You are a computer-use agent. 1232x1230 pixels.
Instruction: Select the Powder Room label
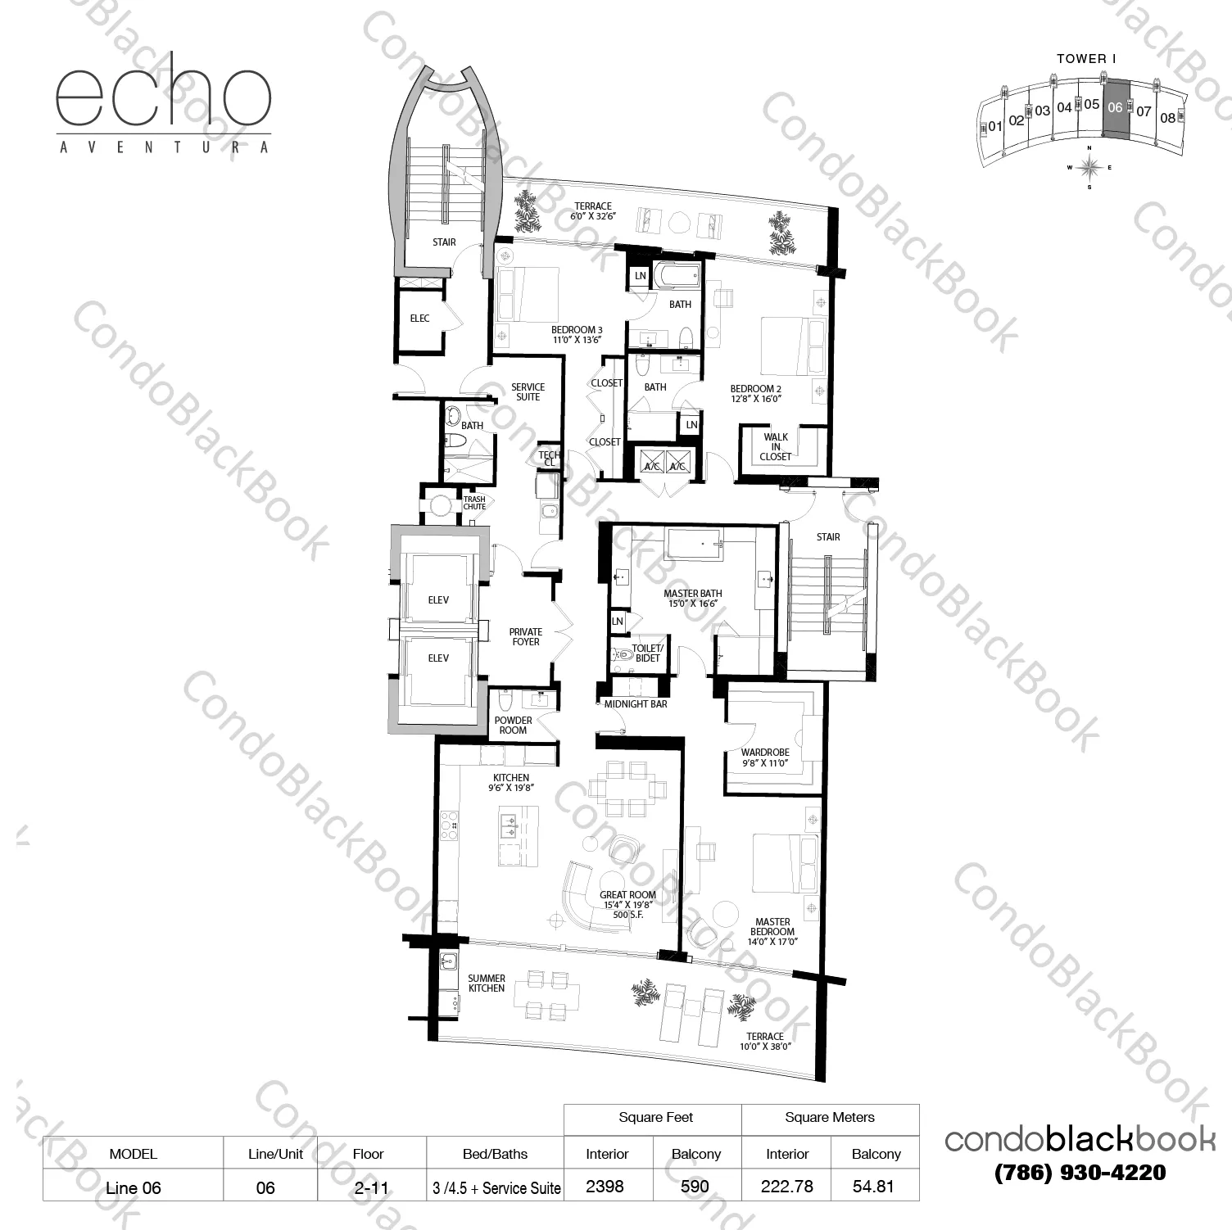513,726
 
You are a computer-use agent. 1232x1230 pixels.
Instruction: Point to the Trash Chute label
474,503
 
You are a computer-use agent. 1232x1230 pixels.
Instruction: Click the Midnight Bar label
636,704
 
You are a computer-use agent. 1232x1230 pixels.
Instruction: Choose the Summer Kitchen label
487,984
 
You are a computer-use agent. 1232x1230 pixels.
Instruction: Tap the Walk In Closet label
776,447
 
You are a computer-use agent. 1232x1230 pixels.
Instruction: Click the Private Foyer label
526,637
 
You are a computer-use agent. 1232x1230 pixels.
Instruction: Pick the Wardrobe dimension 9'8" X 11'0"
765,763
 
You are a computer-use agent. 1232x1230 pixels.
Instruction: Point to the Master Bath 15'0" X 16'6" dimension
693,604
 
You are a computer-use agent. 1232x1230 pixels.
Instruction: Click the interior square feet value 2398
605,1187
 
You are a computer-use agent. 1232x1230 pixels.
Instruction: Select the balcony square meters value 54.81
873,1187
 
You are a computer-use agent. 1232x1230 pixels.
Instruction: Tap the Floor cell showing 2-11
371,1187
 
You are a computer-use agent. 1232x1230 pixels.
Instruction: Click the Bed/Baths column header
495,1154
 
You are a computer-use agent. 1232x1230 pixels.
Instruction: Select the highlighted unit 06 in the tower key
1115,108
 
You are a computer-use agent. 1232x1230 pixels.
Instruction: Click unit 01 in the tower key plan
995,127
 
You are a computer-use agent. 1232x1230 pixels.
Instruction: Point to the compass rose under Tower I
1089,167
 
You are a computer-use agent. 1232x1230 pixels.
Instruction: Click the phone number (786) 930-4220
1080,1173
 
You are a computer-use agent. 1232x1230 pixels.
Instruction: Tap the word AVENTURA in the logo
164,148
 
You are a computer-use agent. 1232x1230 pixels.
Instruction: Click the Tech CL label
549,459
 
